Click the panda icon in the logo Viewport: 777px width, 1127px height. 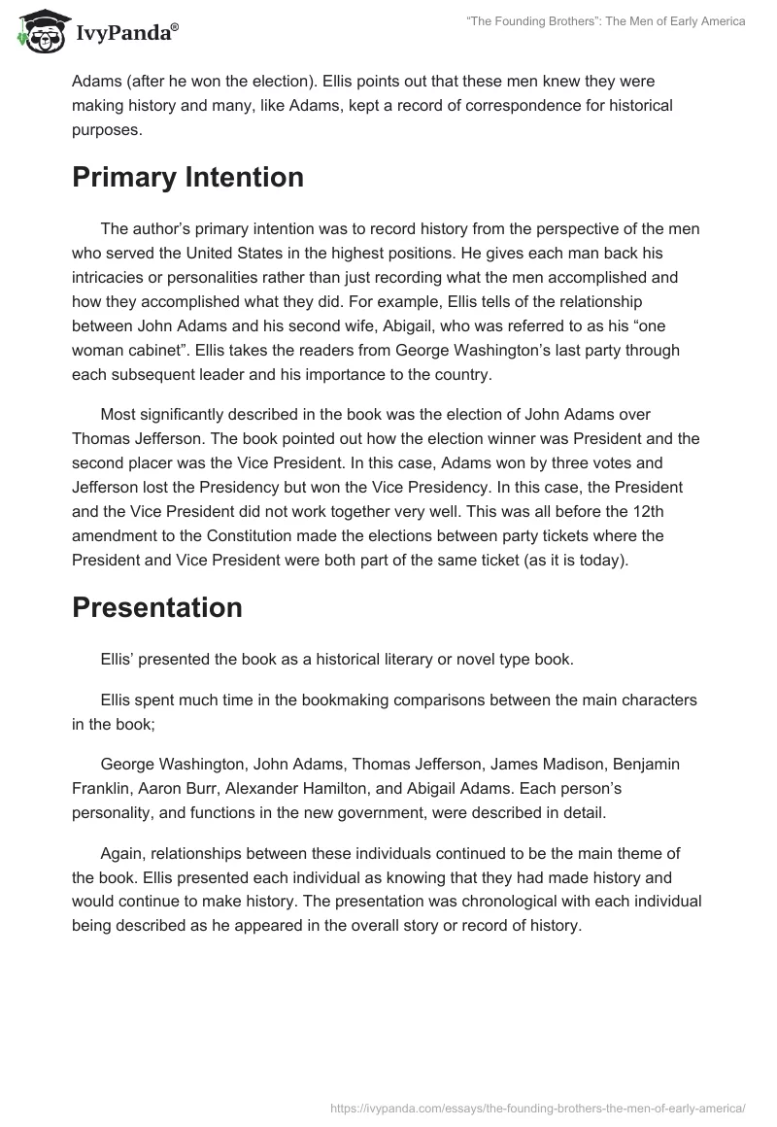[40, 32]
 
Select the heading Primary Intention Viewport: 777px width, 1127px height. [187, 178]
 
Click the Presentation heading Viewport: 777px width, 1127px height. [156, 607]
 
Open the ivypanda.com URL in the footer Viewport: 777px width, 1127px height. [537, 1108]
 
